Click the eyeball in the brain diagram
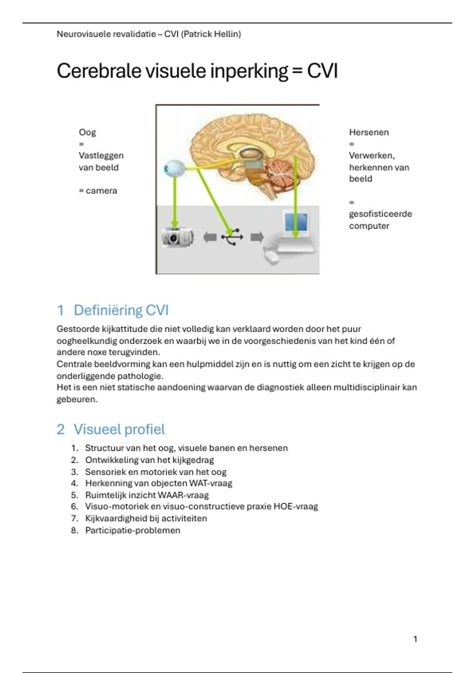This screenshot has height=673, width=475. pyautogui.click(x=173, y=169)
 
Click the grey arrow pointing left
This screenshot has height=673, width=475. pyautogui.click(x=209, y=237)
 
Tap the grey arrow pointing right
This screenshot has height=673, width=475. pyautogui.click(x=257, y=237)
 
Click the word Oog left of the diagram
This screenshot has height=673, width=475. pyautogui.click(x=87, y=132)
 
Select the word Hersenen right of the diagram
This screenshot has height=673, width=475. pyautogui.click(x=369, y=132)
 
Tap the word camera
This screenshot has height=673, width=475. pyautogui.click(x=101, y=191)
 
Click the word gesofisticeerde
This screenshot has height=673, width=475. pyautogui.click(x=380, y=214)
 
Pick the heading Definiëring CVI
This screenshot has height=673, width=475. pyautogui.click(x=121, y=310)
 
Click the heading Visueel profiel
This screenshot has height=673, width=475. pyautogui.click(x=119, y=429)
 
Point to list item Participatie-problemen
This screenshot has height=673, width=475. pyautogui.click(x=133, y=530)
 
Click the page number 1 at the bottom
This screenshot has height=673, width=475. pyautogui.click(x=415, y=639)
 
